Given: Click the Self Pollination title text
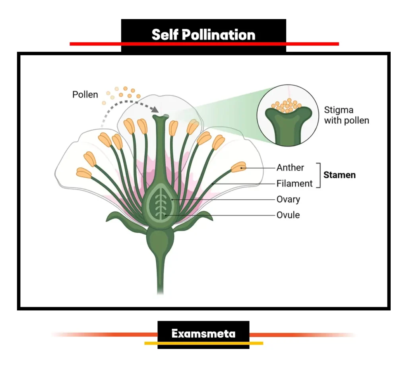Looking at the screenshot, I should click(x=203, y=35).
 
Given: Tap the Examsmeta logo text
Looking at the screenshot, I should click(x=203, y=333).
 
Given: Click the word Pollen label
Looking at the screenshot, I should click(x=85, y=95).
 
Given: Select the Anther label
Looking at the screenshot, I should click(x=290, y=167).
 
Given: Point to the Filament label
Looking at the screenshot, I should click(x=295, y=183).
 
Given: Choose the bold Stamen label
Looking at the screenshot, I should click(x=339, y=175).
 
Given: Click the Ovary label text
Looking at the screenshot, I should click(x=288, y=199).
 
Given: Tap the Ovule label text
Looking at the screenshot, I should click(x=288, y=215).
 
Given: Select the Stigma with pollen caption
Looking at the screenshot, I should click(x=346, y=115).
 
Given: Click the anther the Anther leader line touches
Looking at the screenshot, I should click(x=238, y=167).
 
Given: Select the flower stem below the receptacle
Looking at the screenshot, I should click(x=160, y=275).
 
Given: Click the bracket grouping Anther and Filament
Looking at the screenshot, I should click(x=319, y=175).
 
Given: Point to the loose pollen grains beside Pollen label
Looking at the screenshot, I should click(x=121, y=93).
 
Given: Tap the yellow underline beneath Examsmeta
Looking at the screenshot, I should click(x=203, y=343).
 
